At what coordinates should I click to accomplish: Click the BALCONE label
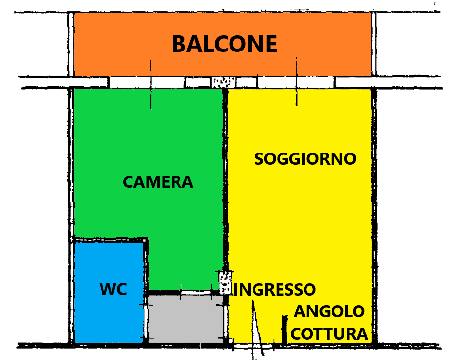pyautogui.click(x=224, y=44)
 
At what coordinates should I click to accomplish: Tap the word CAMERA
pyautogui.click(x=158, y=182)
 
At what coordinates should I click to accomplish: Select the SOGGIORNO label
pyautogui.click(x=305, y=159)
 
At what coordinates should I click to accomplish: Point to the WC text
pyautogui.click(x=113, y=289)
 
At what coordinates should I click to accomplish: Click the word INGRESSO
pyautogui.click(x=275, y=289)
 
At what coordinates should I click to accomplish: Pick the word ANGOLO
pyautogui.click(x=330, y=311)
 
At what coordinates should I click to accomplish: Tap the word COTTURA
pyautogui.click(x=329, y=334)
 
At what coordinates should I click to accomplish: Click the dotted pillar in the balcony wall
pyautogui.click(x=223, y=81)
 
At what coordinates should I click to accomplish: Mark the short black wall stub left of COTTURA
pyautogui.click(x=284, y=329)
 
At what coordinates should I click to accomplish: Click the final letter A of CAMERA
pyautogui.click(x=187, y=182)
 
